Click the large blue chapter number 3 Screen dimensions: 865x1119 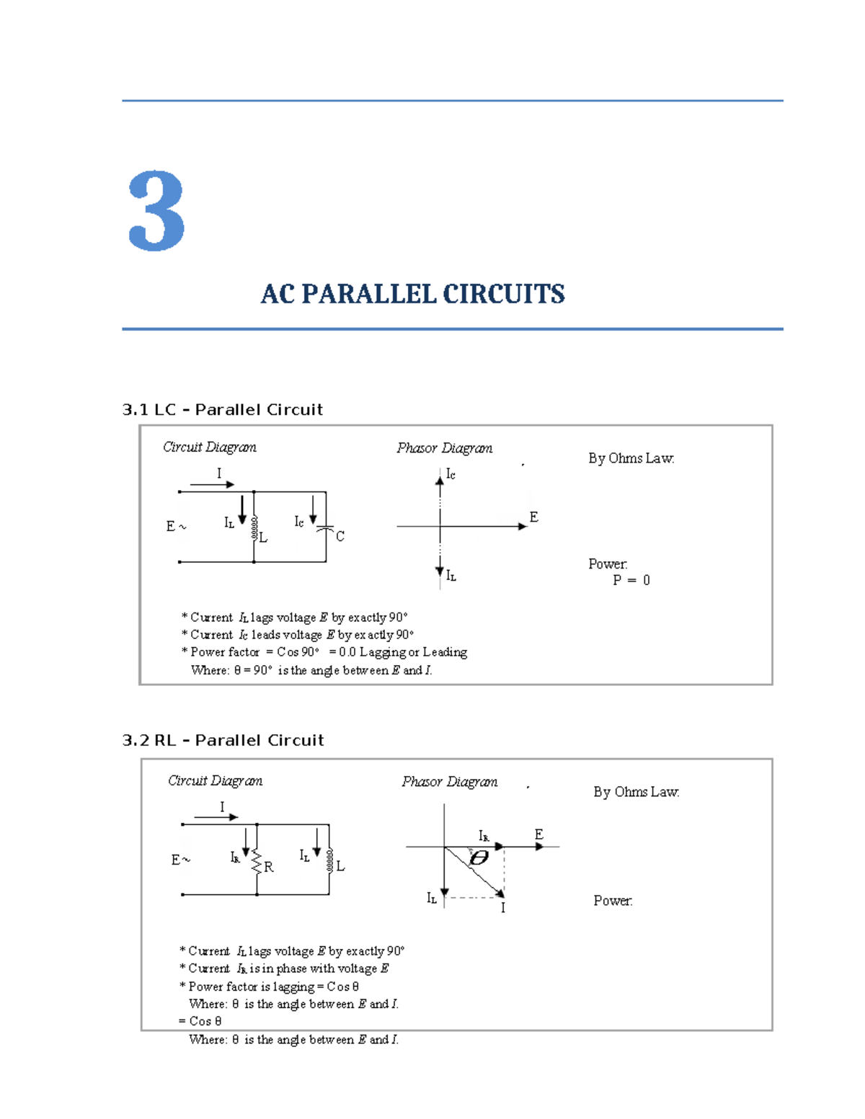point(156,211)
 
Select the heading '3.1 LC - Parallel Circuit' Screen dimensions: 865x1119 point(223,410)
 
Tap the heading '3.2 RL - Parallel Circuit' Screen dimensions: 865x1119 point(223,741)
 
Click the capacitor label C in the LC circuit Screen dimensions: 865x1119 point(340,536)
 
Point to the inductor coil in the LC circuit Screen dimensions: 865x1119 point(254,527)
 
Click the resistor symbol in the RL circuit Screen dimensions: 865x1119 point(257,862)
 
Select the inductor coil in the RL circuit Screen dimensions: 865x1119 point(329,860)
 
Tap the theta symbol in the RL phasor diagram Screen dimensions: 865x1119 point(479,857)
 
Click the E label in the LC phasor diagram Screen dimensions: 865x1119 point(533,517)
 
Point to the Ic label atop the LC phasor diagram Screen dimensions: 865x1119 point(451,474)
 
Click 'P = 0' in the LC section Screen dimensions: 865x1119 point(631,580)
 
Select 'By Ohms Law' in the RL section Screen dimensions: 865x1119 point(636,792)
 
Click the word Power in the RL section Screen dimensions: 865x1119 point(612,901)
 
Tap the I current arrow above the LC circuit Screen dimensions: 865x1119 point(212,484)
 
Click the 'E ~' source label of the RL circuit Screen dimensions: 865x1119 point(180,860)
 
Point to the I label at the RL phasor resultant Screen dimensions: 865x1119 point(503,908)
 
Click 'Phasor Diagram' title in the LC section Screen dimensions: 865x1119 point(444,448)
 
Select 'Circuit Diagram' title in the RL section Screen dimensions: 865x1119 point(215,781)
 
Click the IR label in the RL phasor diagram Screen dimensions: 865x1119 point(484,836)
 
